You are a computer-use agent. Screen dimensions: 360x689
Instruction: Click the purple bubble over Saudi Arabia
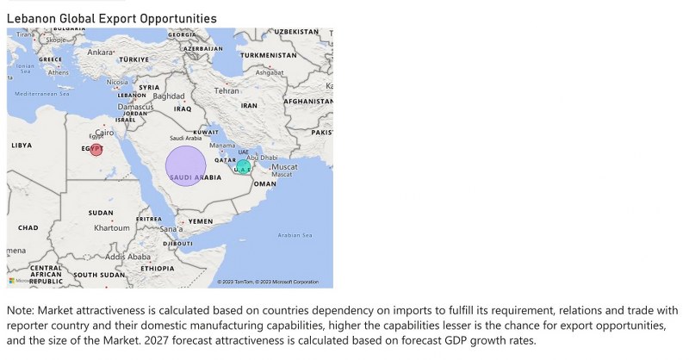(x=185, y=166)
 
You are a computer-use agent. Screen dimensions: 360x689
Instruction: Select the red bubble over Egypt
(x=96, y=150)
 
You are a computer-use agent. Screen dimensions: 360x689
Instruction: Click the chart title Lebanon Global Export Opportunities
(x=111, y=18)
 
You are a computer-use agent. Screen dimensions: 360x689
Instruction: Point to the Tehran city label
(x=227, y=90)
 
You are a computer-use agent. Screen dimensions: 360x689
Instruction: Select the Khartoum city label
(x=111, y=228)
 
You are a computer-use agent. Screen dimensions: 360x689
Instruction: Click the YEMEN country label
(x=200, y=221)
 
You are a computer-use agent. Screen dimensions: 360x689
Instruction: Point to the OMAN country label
(x=265, y=183)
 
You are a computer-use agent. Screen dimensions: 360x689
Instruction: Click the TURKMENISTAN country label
(x=268, y=55)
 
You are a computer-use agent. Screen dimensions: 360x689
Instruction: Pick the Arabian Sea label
(x=295, y=235)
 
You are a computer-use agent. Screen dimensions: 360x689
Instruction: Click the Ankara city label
(x=100, y=52)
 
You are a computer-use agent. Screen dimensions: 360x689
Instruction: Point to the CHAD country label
(x=28, y=227)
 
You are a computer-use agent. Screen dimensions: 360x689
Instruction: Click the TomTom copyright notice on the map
(x=268, y=282)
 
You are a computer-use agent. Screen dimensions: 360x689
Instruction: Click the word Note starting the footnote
(x=20, y=310)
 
